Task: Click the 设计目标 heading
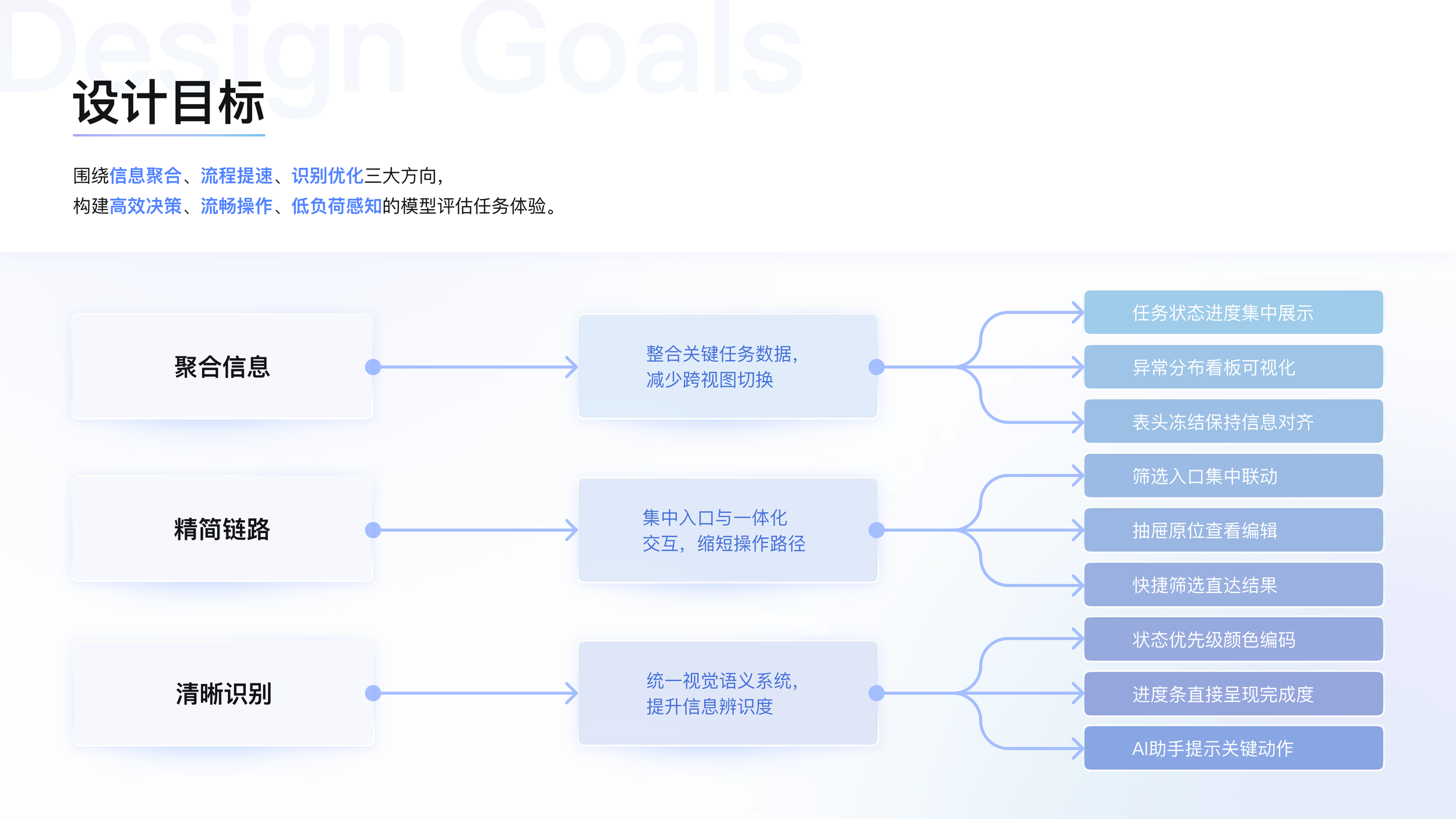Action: [169, 103]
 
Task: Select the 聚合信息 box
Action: [222, 366]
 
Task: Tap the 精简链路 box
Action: [222, 529]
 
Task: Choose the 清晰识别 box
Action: [223, 693]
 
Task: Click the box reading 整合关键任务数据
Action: [727, 366]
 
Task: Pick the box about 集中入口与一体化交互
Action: [727, 530]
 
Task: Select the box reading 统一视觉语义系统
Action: [727, 693]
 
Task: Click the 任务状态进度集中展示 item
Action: [1233, 313]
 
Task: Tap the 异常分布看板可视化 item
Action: [1233, 367]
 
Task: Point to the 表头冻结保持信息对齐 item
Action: [1233, 422]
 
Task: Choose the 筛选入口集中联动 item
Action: [1233, 476]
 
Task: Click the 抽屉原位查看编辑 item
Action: [1233, 530]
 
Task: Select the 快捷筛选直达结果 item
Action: [1233, 585]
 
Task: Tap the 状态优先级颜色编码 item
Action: [1233, 639]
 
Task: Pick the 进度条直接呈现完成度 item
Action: [1233, 694]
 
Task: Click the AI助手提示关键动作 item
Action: [1233, 748]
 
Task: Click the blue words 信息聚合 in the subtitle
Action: [146, 175]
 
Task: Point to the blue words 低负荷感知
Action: [337, 206]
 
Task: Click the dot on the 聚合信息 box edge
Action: [373, 367]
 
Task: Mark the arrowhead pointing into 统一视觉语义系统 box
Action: [572, 693]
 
